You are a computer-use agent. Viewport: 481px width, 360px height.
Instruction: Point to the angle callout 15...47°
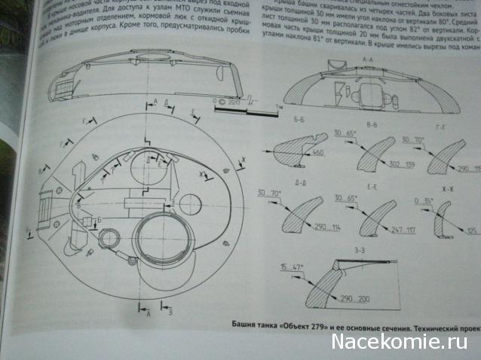pyautogui.click(x=290, y=267)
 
